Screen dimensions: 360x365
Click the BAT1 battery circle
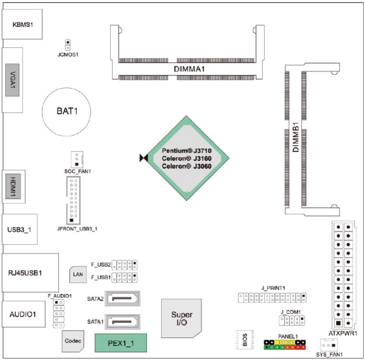pyautogui.click(x=67, y=111)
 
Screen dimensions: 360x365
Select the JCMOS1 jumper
pyautogui.click(x=68, y=44)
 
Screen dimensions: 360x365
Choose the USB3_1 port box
pyautogui.click(x=19, y=229)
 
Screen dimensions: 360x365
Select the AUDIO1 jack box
pyautogui.click(x=22, y=314)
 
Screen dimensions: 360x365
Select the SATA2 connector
pyautogui.click(x=125, y=300)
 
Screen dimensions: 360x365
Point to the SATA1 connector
pyautogui.click(x=125, y=323)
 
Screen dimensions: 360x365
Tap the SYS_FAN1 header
pyautogui.click(x=329, y=345)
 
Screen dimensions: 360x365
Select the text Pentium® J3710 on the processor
pyautogui.click(x=187, y=151)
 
